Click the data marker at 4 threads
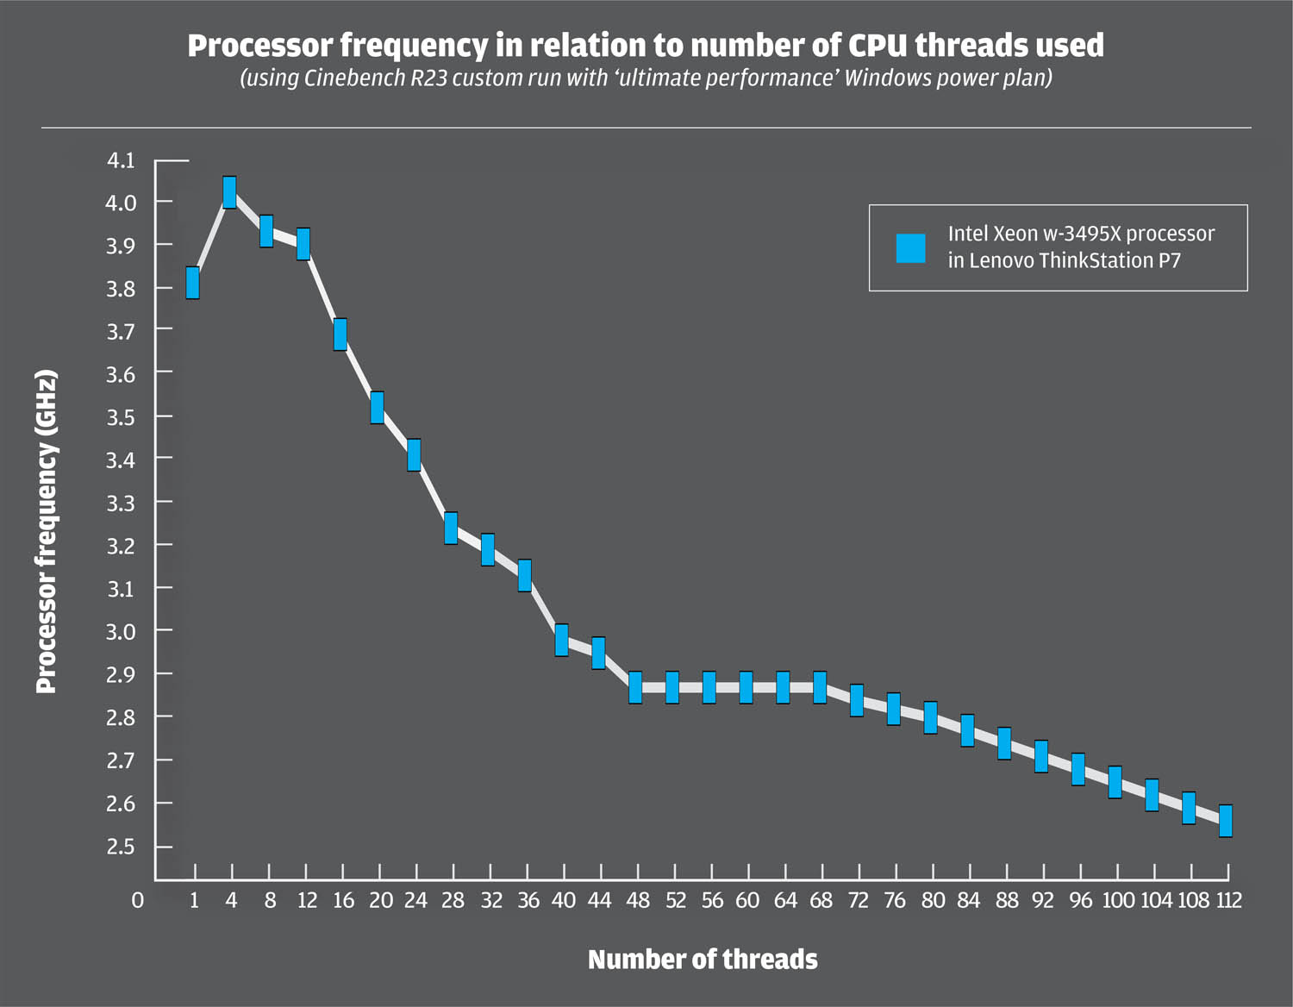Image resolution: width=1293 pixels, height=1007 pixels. (229, 192)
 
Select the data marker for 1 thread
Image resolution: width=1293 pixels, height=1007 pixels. (192, 283)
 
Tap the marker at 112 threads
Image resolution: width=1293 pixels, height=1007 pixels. (1225, 821)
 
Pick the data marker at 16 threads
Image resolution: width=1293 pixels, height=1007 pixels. (340, 335)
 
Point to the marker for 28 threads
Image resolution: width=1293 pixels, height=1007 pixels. (451, 528)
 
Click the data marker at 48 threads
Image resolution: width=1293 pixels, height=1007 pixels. (635, 687)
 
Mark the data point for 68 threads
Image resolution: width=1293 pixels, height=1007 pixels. (820, 687)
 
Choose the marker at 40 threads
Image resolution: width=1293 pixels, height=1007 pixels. (561, 640)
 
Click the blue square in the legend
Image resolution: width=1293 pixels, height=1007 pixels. (910, 248)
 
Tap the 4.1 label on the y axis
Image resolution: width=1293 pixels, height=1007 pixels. (121, 160)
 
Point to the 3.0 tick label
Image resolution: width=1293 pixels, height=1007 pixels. (121, 631)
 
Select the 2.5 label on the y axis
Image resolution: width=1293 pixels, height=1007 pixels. (121, 847)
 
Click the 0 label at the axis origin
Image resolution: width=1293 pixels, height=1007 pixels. (137, 900)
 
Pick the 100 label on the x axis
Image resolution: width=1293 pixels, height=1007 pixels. (1118, 900)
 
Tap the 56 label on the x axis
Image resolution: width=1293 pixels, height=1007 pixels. (712, 900)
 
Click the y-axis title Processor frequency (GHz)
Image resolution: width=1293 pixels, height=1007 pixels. (47, 531)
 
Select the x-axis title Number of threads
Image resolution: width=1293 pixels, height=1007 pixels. (703, 960)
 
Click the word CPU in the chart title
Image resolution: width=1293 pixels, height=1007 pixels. (877, 45)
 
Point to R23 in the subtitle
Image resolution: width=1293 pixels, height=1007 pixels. (429, 78)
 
